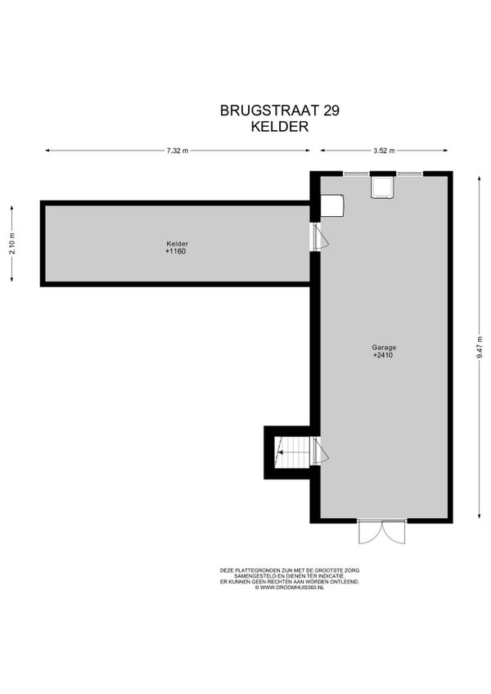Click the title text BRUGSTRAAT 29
(x=279, y=110)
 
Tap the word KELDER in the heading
(x=279, y=127)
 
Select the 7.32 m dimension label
(x=178, y=151)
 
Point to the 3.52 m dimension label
(x=384, y=151)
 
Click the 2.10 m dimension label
(x=12, y=243)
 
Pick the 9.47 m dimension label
(x=480, y=348)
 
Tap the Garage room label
(x=384, y=348)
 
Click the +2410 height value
(x=383, y=355)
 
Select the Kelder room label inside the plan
(x=177, y=244)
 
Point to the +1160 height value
(x=175, y=251)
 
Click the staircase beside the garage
(x=292, y=452)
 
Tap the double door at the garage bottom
(x=381, y=533)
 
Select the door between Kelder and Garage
(x=320, y=237)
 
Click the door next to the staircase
(x=320, y=451)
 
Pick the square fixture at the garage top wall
(x=382, y=187)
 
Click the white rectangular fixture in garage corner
(x=332, y=205)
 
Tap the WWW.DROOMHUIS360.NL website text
(x=290, y=588)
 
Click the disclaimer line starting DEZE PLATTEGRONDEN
(x=290, y=570)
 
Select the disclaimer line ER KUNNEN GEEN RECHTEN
(x=290, y=582)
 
